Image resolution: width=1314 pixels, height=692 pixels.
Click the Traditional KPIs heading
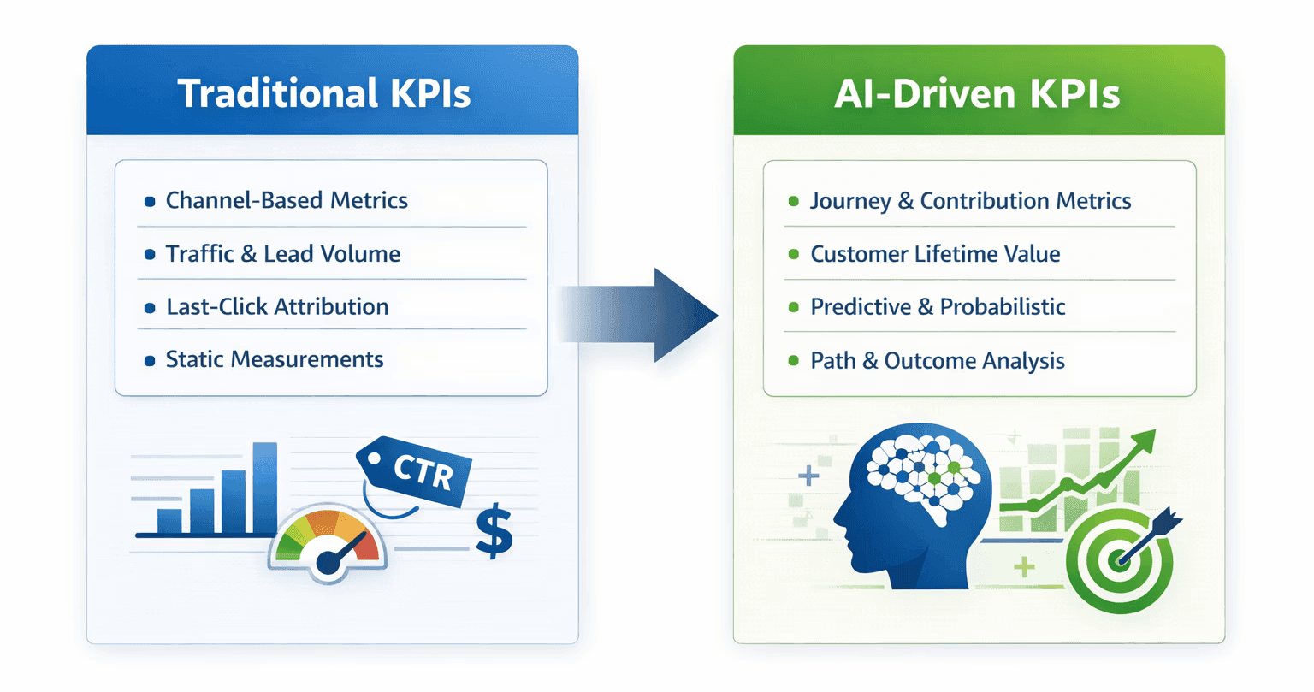click(324, 92)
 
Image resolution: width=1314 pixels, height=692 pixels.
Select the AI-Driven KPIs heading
click(977, 93)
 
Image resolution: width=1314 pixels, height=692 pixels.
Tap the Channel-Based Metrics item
click(287, 200)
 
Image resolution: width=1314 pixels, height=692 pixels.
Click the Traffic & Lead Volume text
click(282, 254)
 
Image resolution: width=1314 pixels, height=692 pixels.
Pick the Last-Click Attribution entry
click(277, 307)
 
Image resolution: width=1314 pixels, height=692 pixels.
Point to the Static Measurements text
click(275, 359)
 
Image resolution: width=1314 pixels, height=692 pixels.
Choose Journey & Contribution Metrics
click(970, 201)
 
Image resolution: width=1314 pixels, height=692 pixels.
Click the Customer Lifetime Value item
click(935, 254)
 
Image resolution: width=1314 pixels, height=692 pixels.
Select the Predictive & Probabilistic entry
click(938, 307)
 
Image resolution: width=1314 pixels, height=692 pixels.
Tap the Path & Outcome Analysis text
click(938, 360)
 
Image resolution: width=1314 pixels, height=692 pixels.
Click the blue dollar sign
click(494, 532)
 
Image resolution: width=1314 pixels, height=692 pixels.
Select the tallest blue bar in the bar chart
click(265, 488)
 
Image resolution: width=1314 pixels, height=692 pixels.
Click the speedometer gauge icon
click(328, 542)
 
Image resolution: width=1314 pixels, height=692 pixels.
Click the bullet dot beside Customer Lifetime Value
click(793, 254)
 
